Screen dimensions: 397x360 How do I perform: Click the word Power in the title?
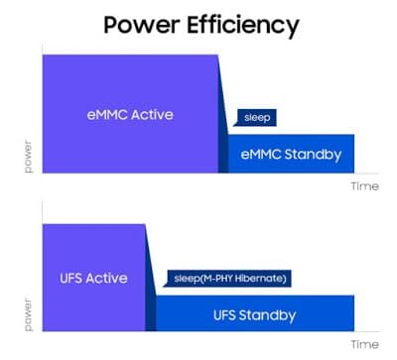(142, 25)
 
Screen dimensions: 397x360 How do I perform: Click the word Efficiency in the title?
(243, 27)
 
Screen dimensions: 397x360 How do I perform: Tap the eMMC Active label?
(130, 115)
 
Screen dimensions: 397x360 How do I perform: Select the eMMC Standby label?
(291, 155)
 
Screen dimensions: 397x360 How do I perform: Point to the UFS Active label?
(93, 278)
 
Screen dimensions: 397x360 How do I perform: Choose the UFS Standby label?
(255, 315)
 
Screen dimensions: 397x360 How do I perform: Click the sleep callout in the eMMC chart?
(255, 118)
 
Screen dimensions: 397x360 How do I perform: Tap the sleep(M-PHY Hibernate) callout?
(227, 279)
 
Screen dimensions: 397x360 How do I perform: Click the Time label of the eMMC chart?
(365, 186)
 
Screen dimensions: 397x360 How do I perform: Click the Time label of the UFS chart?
(365, 344)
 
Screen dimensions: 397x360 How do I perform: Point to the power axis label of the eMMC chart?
(29, 157)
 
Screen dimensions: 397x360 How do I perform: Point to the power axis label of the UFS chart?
(29, 315)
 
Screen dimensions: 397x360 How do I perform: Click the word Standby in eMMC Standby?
(313, 155)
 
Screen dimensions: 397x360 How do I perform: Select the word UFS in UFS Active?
(70, 278)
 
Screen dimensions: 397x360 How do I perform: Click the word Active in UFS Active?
(106, 278)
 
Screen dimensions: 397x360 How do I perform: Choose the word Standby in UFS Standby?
(267, 315)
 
